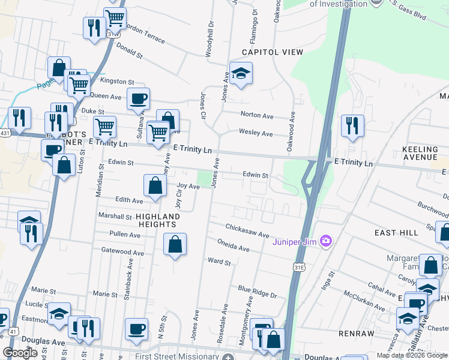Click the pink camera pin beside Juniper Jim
(326, 242)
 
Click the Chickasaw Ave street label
(247, 231)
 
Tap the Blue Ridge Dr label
(257, 292)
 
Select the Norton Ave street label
(257, 115)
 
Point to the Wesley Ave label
(256, 133)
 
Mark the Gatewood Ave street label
(122, 253)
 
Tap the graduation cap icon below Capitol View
(241, 74)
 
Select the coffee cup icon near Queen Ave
(138, 98)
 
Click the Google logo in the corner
(20, 353)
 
